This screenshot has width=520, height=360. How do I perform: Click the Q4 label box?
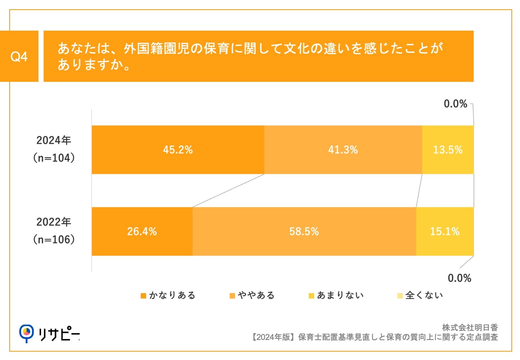tap(19, 56)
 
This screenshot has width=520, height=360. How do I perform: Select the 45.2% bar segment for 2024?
tap(178, 150)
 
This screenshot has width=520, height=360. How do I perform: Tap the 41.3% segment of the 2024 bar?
tap(343, 150)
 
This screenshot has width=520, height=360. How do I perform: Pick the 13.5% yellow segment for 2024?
tap(448, 150)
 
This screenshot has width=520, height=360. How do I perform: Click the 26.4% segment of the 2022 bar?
tap(142, 232)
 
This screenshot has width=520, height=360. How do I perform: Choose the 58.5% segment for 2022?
tap(304, 232)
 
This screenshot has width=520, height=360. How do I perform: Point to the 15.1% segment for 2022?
tap(445, 232)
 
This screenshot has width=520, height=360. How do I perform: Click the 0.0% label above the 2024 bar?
tap(455, 104)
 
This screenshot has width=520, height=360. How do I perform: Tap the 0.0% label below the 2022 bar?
tap(459, 278)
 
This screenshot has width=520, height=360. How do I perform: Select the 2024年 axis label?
tap(54, 140)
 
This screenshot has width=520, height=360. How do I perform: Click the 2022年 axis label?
tap(54, 222)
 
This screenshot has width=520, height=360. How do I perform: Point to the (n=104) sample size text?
tap(54, 158)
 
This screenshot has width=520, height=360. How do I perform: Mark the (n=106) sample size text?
tap(54, 239)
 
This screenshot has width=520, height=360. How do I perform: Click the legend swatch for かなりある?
tap(143, 296)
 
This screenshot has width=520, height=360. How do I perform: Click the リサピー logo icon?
tap(26, 333)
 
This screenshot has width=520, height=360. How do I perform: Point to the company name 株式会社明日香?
tap(470, 328)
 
